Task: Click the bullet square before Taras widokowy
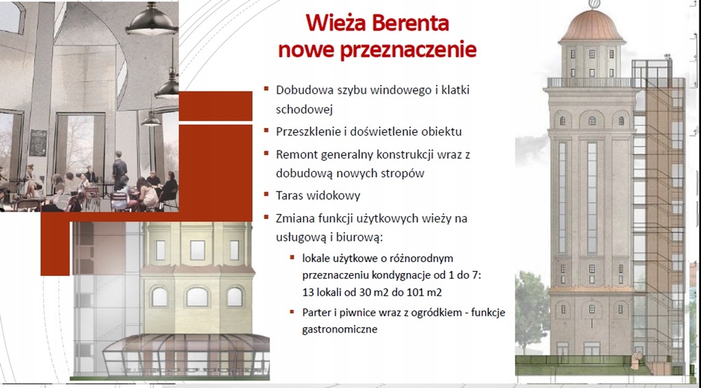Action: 266,194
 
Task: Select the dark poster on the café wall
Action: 38,142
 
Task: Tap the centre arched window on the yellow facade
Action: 197,296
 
